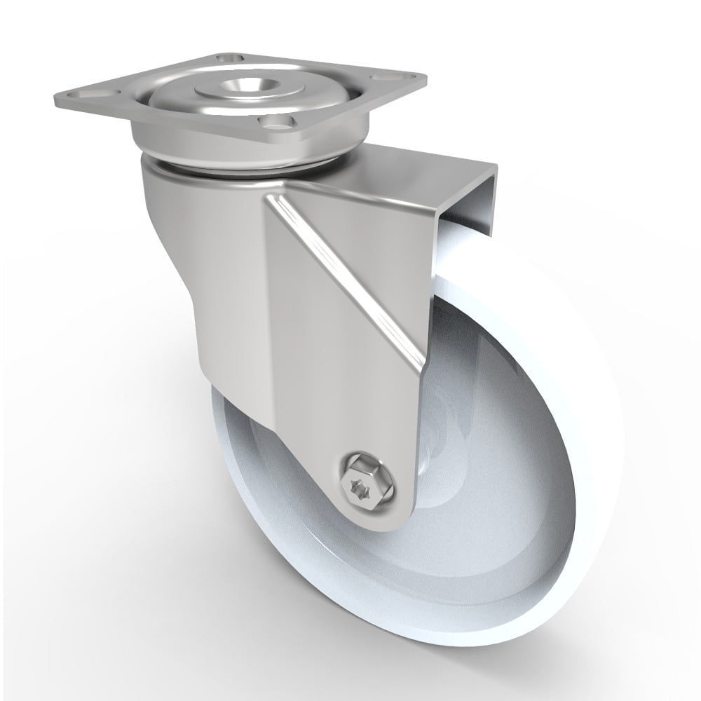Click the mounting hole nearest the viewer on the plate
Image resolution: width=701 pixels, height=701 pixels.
click(273, 124)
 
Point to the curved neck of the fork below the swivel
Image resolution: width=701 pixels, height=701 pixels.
click(175, 231)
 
